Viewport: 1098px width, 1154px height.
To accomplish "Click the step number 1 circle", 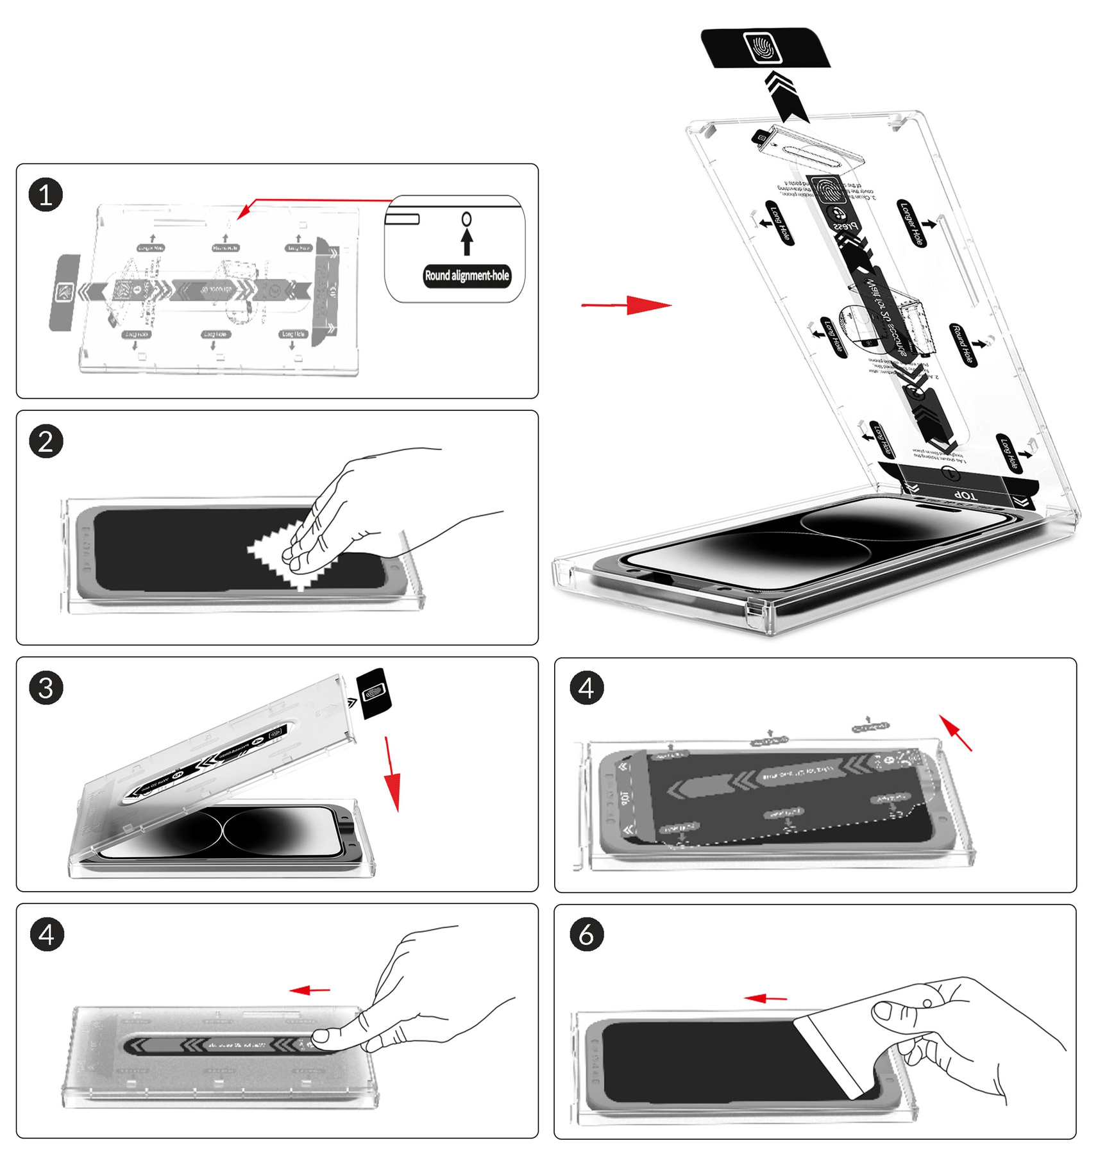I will [46, 195].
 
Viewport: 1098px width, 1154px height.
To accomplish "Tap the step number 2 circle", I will [46, 441].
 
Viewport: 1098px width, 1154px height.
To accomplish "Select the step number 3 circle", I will [46, 688].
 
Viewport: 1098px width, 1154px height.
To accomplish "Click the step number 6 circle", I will [586, 934].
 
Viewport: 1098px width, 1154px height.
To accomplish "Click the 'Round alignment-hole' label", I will [467, 276].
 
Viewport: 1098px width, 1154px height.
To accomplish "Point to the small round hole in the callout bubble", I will [466, 219].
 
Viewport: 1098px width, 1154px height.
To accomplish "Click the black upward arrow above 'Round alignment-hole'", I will [467, 242].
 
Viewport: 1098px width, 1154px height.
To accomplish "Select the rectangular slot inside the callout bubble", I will [402, 219].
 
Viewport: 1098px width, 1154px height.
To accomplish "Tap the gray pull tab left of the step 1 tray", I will [65, 292].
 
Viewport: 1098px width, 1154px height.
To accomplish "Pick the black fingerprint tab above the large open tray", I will [764, 48].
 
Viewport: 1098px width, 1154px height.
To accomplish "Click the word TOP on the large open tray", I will [965, 496].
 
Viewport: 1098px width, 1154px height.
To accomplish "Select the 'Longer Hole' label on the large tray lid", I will [911, 224].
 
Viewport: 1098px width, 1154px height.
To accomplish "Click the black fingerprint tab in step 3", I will [374, 693].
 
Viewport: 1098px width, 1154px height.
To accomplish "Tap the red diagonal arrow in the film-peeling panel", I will [956, 732].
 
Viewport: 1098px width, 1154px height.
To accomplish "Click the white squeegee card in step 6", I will [834, 1051].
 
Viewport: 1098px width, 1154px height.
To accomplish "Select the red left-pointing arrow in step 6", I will [765, 998].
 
